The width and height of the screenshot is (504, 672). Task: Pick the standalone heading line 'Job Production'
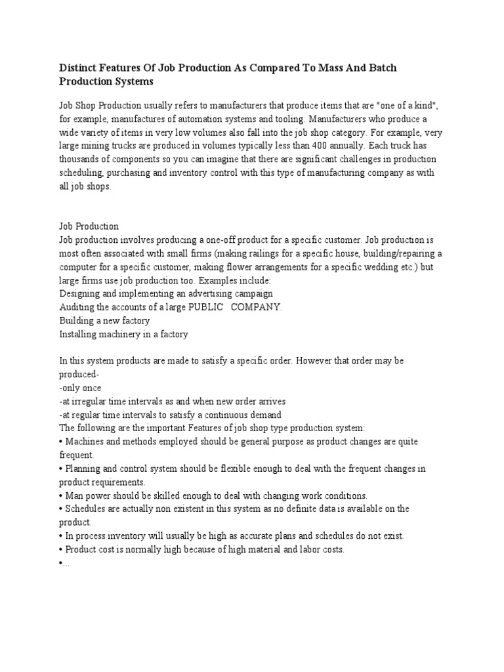tap(89, 226)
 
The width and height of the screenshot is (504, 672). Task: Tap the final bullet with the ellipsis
tap(64, 563)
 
